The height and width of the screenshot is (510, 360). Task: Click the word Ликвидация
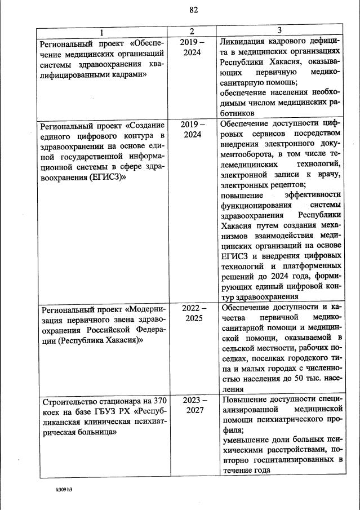246,42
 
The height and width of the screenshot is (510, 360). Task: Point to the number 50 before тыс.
300,379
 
